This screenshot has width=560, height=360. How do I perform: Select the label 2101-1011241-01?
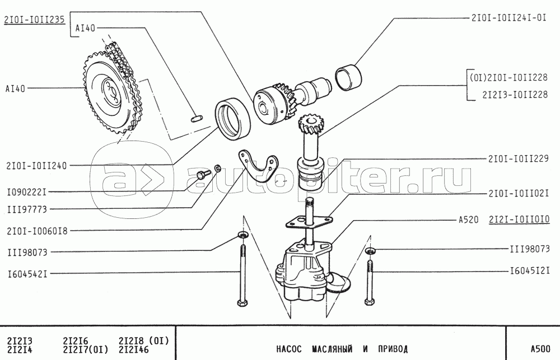click(508, 17)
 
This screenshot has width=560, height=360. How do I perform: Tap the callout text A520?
click(468, 220)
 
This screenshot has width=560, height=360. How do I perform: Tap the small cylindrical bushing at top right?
click(349, 77)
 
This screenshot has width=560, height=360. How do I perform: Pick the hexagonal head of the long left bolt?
click(242, 304)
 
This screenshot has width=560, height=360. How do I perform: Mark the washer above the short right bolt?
click(371, 250)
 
